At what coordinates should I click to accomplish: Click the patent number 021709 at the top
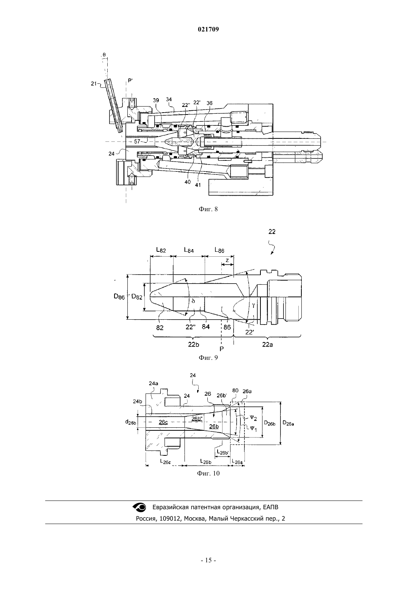208,30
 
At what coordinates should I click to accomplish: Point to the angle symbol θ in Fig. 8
104,55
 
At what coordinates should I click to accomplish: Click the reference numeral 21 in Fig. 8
94,84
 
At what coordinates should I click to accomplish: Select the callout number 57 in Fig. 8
137,141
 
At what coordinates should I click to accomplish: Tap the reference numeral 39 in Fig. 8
156,100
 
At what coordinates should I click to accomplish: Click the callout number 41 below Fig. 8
198,185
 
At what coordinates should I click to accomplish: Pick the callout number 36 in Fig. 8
210,103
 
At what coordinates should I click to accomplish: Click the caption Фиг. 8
208,209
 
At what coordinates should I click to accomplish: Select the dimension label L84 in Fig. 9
189,250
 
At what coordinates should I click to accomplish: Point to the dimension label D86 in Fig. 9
119,296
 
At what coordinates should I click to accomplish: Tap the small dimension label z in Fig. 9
227,260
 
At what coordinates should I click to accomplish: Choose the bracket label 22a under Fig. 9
267,344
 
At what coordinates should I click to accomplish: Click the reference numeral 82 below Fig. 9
160,328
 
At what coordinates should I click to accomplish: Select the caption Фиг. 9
208,358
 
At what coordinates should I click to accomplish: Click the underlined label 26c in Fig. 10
163,422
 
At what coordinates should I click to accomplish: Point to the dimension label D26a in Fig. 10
288,423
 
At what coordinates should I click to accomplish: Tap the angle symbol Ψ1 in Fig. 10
253,429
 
